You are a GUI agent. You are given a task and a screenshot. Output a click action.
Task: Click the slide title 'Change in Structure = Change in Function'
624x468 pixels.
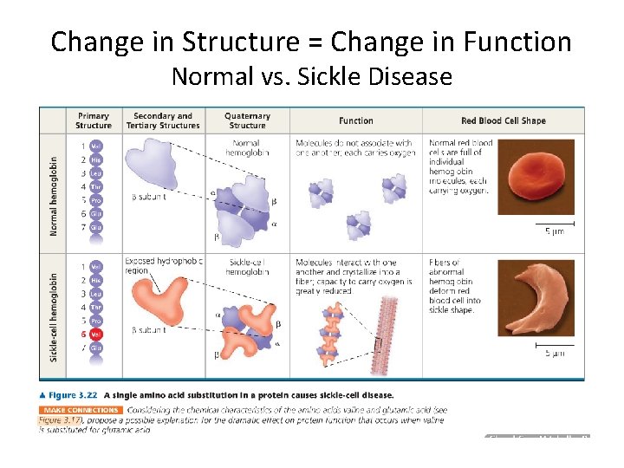pos(311,41)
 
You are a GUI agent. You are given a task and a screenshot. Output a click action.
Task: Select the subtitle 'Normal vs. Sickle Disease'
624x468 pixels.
pos(311,76)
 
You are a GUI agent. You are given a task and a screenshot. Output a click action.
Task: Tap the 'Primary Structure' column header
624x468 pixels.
pos(93,120)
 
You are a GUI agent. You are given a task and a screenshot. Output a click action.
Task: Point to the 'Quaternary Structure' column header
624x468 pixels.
pos(247,120)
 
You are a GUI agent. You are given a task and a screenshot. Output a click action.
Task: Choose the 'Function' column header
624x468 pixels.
pos(355,120)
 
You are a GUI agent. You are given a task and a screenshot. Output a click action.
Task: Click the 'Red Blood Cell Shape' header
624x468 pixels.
pos(503,120)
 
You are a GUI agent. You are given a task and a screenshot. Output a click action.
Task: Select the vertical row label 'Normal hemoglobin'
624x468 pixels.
pos(53,195)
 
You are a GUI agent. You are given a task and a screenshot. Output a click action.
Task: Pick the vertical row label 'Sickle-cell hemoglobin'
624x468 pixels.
pos(53,314)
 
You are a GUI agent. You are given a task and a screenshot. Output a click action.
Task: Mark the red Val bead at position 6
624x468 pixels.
pos(96,334)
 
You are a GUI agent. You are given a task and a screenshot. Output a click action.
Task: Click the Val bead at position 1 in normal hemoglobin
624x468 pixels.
pos(96,146)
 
